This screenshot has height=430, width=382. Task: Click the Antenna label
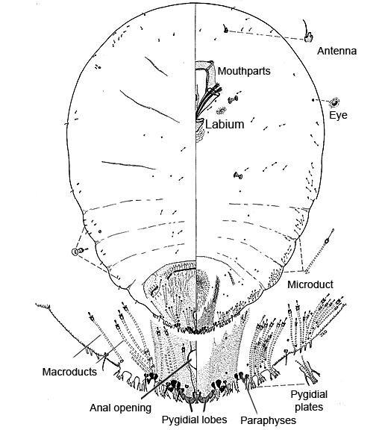click(336, 51)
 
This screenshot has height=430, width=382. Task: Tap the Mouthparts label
click(244, 71)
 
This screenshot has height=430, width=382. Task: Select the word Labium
click(225, 124)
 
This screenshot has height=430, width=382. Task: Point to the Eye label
click(338, 115)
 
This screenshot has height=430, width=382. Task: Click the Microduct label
click(310, 284)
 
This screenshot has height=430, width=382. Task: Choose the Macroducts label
click(69, 372)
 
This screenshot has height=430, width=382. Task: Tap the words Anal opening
click(120, 408)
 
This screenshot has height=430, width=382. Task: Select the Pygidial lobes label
click(194, 420)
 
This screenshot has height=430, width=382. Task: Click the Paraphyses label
click(269, 420)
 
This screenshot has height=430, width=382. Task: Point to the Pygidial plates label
click(309, 401)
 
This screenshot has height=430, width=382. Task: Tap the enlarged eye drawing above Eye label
click(334, 102)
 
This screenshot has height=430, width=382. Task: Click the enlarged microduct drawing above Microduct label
click(319, 251)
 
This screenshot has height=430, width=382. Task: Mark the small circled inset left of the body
click(75, 252)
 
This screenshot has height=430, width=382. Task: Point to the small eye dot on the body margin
click(313, 100)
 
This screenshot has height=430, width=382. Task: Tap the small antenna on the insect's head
click(225, 29)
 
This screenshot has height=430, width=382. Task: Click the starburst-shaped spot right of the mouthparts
click(221, 110)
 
